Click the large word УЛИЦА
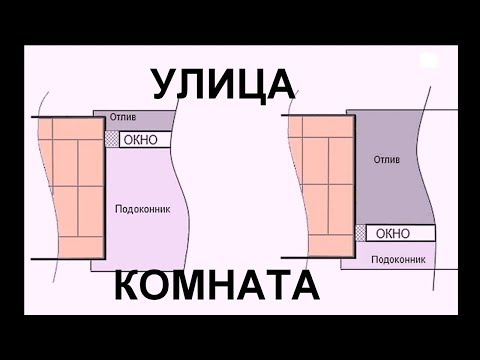click(x=223, y=83)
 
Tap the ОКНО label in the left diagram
click(x=140, y=140)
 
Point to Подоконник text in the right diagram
click(x=393, y=258)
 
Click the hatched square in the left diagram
click(x=111, y=140)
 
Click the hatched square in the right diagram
click(x=360, y=233)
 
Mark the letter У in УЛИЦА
click(x=167, y=83)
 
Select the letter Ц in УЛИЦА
click(x=251, y=84)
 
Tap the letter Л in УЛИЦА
click(x=194, y=83)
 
